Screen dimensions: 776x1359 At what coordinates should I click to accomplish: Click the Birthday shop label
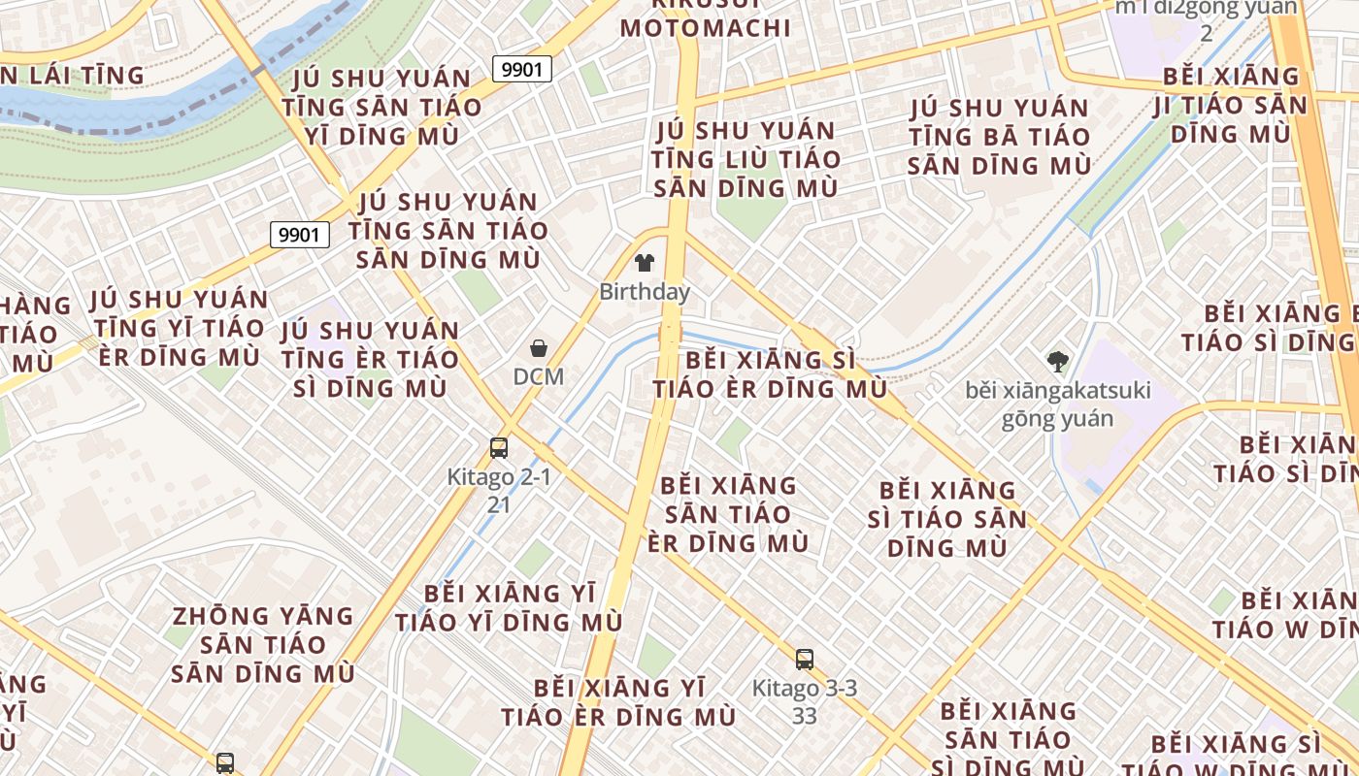(x=645, y=291)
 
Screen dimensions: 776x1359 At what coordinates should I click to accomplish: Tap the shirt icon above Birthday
(x=644, y=262)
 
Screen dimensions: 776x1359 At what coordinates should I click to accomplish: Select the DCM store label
(x=539, y=375)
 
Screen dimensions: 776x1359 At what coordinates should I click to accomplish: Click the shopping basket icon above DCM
(x=539, y=348)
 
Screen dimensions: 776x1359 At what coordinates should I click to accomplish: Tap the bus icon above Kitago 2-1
(x=499, y=448)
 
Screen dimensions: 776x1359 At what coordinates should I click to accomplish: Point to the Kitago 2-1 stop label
(x=499, y=477)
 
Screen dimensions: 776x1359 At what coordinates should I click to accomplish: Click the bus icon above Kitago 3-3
(x=805, y=660)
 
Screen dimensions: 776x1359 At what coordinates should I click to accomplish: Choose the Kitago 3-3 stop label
(x=805, y=689)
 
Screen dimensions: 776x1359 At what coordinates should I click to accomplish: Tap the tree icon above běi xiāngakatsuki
(x=1058, y=363)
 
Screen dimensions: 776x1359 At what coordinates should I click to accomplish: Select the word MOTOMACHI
(x=706, y=27)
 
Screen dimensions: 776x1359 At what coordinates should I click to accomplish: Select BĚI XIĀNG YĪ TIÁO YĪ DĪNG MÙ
(x=509, y=607)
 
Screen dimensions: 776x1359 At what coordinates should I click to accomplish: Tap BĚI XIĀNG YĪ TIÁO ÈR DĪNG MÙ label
(x=618, y=702)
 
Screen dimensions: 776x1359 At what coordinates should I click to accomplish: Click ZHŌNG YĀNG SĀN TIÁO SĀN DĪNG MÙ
(x=263, y=644)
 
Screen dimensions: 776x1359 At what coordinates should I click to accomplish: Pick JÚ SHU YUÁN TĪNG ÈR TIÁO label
(x=370, y=359)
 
